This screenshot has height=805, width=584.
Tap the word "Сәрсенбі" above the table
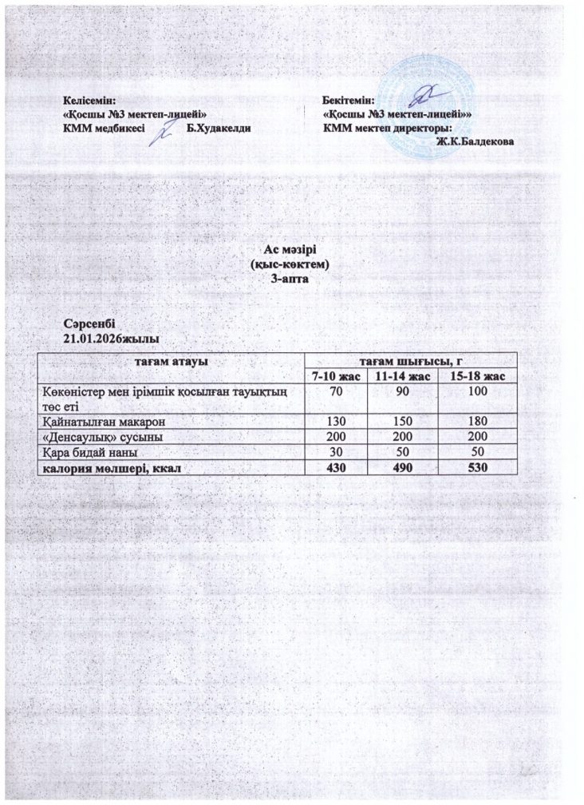coord(89,324)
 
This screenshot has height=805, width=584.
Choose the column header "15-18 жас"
coord(477,376)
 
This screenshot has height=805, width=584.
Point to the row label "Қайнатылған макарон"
coord(106,420)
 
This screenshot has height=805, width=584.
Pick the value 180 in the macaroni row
coord(477,420)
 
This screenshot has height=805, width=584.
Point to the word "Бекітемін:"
coord(349,101)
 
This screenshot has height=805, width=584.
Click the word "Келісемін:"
coord(89,101)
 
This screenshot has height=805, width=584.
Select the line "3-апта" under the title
coord(290,280)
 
